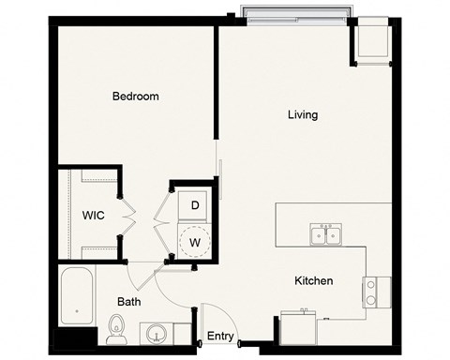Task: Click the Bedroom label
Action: pyautogui.click(x=135, y=96)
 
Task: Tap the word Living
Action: pyautogui.click(x=302, y=115)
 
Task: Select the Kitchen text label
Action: pyautogui.click(x=314, y=280)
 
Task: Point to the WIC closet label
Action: pyautogui.click(x=93, y=215)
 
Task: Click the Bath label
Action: pyautogui.click(x=129, y=302)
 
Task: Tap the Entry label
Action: pyautogui.click(x=220, y=336)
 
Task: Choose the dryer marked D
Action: pyautogui.click(x=195, y=205)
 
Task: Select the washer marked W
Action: pyautogui.click(x=195, y=241)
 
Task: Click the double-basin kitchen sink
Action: pyautogui.click(x=326, y=233)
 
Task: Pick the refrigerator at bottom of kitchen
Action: pyautogui.click(x=300, y=330)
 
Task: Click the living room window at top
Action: pyautogui.click(x=295, y=13)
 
